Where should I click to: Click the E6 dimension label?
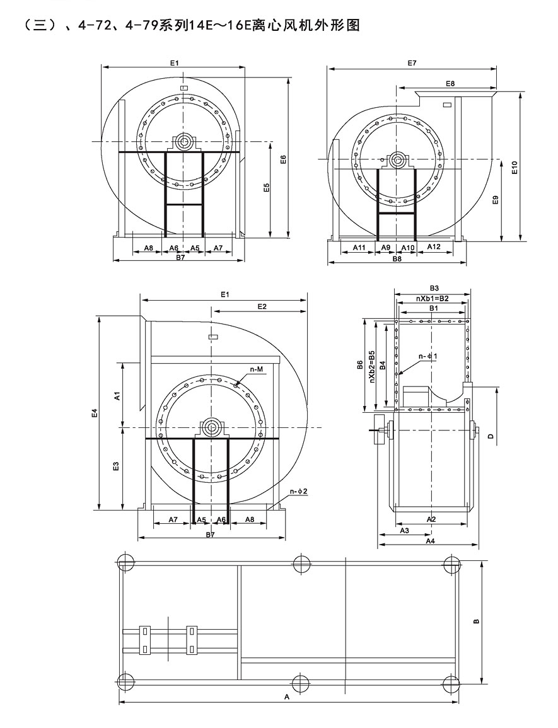284,159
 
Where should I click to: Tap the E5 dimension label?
266,188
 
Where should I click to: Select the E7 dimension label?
412,63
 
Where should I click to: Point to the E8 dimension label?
450,84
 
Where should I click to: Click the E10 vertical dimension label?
514,168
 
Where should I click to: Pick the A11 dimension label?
359,248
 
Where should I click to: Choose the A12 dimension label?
434,246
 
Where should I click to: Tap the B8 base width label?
397,258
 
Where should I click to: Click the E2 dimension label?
262,306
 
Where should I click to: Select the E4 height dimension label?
95,412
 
